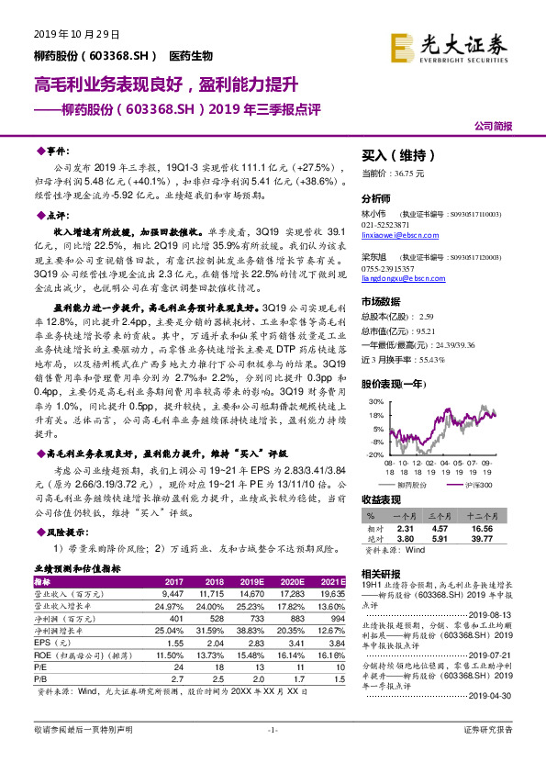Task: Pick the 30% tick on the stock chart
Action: [375, 402]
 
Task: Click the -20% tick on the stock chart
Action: [374, 454]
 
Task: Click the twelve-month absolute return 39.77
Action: [506, 540]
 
